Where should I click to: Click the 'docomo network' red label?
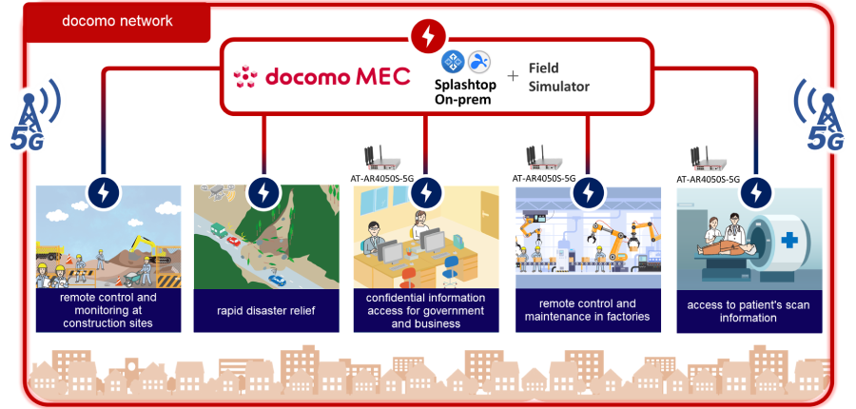pos(117,21)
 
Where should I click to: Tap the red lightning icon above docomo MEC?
pos(427,37)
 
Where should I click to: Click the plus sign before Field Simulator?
pos(513,77)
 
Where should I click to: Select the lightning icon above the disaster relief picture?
pos(263,191)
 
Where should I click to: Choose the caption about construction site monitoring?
pos(107,310)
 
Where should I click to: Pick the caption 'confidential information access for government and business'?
pos(424,310)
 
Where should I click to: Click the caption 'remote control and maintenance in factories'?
pos(587,310)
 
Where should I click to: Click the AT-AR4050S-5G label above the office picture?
pos(384,178)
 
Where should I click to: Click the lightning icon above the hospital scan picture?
pos(757,191)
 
